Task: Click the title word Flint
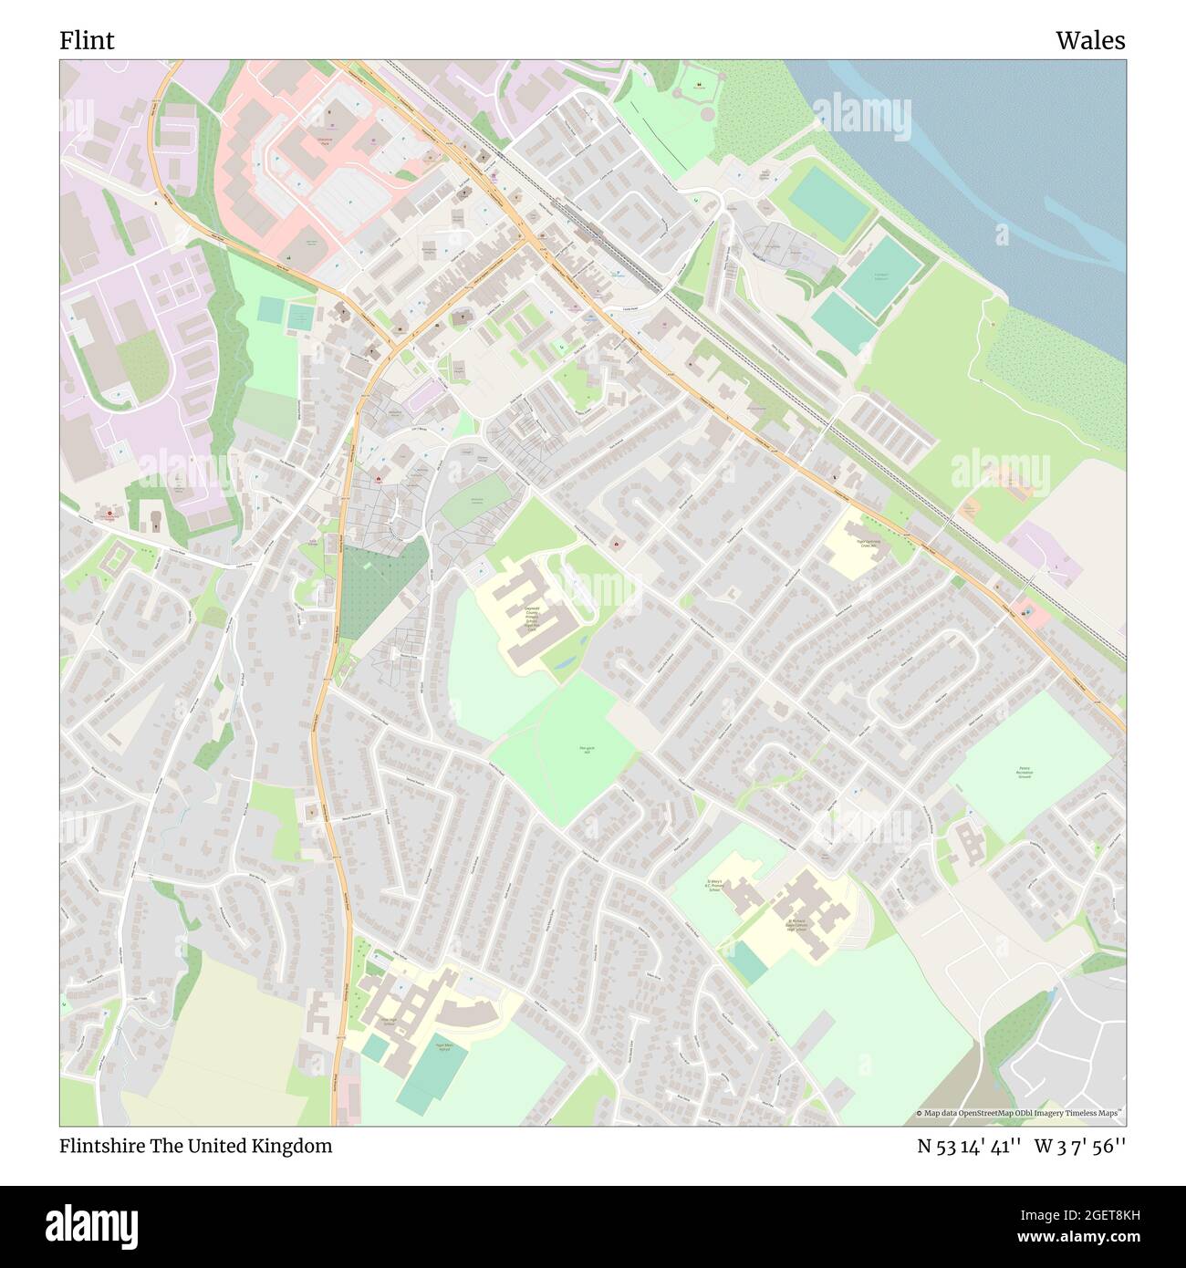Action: (87, 40)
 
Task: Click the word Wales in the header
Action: (1090, 40)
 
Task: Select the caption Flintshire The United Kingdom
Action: (196, 1146)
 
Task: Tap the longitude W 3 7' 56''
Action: (1081, 1147)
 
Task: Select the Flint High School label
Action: (387, 1021)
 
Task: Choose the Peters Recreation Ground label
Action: (1025, 773)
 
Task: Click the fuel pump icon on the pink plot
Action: (1026, 612)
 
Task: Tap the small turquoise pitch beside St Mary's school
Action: (749, 962)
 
